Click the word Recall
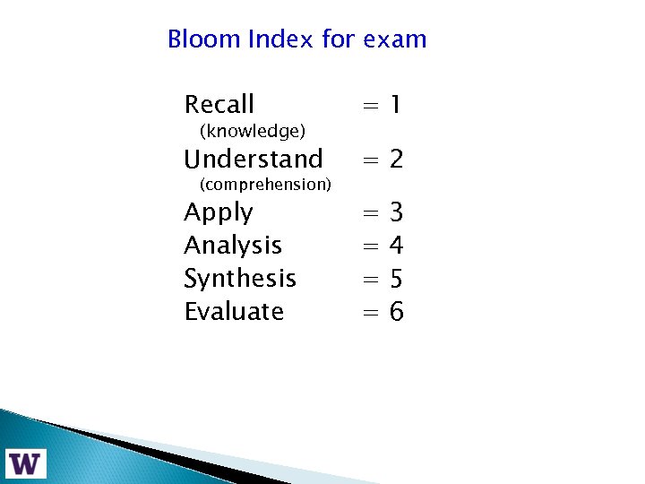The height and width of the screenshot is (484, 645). [x=219, y=105]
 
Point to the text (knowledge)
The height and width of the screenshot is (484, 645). [x=253, y=132]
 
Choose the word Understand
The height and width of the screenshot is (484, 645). [x=253, y=160]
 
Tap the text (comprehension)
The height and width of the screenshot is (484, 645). [x=265, y=185]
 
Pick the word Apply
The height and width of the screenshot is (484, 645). [x=218, y=213]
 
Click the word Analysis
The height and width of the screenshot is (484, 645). [x=232, y=245]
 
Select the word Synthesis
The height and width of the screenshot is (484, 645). [x=239, y=278]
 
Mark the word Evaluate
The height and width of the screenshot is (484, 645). [x=233, y=311]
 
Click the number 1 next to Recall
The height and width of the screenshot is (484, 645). [x=395, y=106]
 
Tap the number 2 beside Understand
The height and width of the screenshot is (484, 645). [x=396, y=160]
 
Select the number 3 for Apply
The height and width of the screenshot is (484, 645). [x=397, y=212]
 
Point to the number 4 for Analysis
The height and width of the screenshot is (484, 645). [x=397, y=245]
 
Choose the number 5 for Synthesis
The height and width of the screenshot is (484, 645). [x=397, y=278]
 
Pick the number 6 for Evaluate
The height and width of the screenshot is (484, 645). [x=397, y=311]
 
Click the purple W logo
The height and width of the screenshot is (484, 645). [x=25, y=462]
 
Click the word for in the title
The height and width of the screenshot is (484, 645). [x=338, y=39]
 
